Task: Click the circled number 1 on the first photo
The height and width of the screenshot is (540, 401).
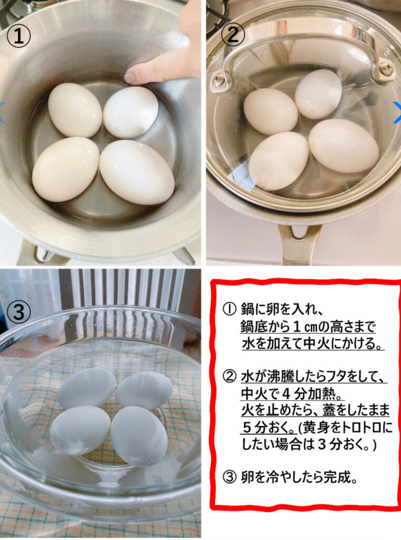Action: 19,36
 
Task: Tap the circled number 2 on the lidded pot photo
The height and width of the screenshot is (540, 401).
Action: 233,34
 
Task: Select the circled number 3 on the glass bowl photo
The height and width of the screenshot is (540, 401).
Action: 18,312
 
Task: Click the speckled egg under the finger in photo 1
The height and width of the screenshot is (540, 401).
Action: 130,112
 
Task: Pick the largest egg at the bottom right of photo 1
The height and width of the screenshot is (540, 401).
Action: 137,172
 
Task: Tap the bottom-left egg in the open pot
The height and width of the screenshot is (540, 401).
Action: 66,169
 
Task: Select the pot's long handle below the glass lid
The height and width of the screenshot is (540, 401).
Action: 297,245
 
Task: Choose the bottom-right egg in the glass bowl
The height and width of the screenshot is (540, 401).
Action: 139,436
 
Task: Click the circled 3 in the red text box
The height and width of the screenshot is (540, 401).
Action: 230,477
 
